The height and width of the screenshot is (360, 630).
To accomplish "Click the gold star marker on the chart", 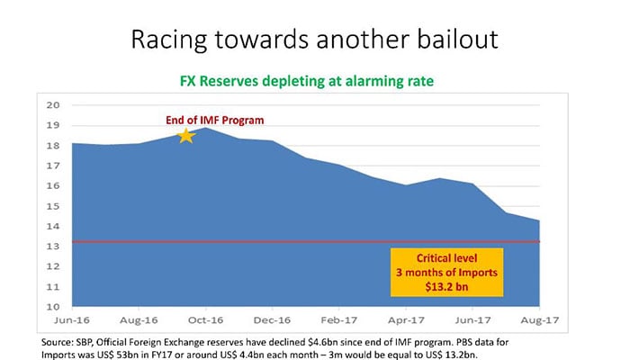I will pyautogui.click(x=186, y=136).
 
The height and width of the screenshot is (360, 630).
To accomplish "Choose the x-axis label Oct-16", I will pyautogui.click(x=206, y=320).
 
